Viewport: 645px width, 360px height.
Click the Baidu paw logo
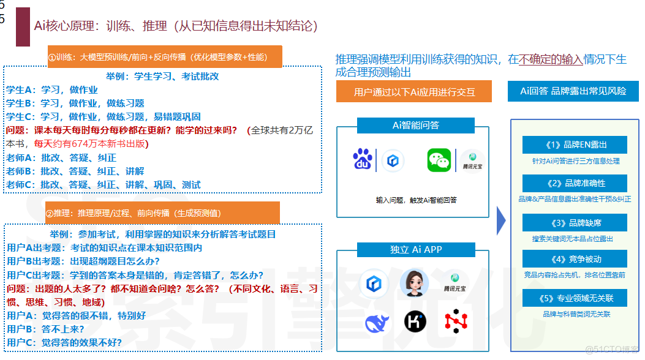click(x=362, y=160)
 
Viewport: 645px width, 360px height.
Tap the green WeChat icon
click(x=439, y=160)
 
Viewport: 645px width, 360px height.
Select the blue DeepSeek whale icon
click(x=377, y=322)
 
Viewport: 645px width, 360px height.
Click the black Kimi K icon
click(x=415, y=321)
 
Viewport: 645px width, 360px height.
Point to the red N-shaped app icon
click(x=455, y=321)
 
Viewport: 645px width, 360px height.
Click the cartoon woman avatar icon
click(x=414, y=283)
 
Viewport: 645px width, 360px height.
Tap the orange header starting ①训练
click(x=165, y=57)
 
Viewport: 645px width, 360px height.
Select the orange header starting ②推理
click(x=162, y=213)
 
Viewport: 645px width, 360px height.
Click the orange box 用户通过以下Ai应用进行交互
click(x=414, y=92)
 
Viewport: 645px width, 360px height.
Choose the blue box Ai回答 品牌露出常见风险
click(x=573, y=91)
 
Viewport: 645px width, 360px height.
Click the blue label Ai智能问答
click(x=415, y=126)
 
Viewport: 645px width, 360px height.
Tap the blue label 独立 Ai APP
click(x=415, y=249)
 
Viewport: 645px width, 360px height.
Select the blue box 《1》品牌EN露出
click(x=575, y=145)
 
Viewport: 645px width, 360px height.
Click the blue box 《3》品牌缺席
click(x=575, y=222)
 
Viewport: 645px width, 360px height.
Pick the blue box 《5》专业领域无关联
click(x=575, y=298)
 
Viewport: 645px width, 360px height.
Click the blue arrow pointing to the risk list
click(x=500, y=220)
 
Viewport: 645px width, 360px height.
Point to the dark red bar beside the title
click(x=23, y=28)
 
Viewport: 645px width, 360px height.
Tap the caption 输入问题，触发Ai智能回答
click(x=416, y=200)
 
